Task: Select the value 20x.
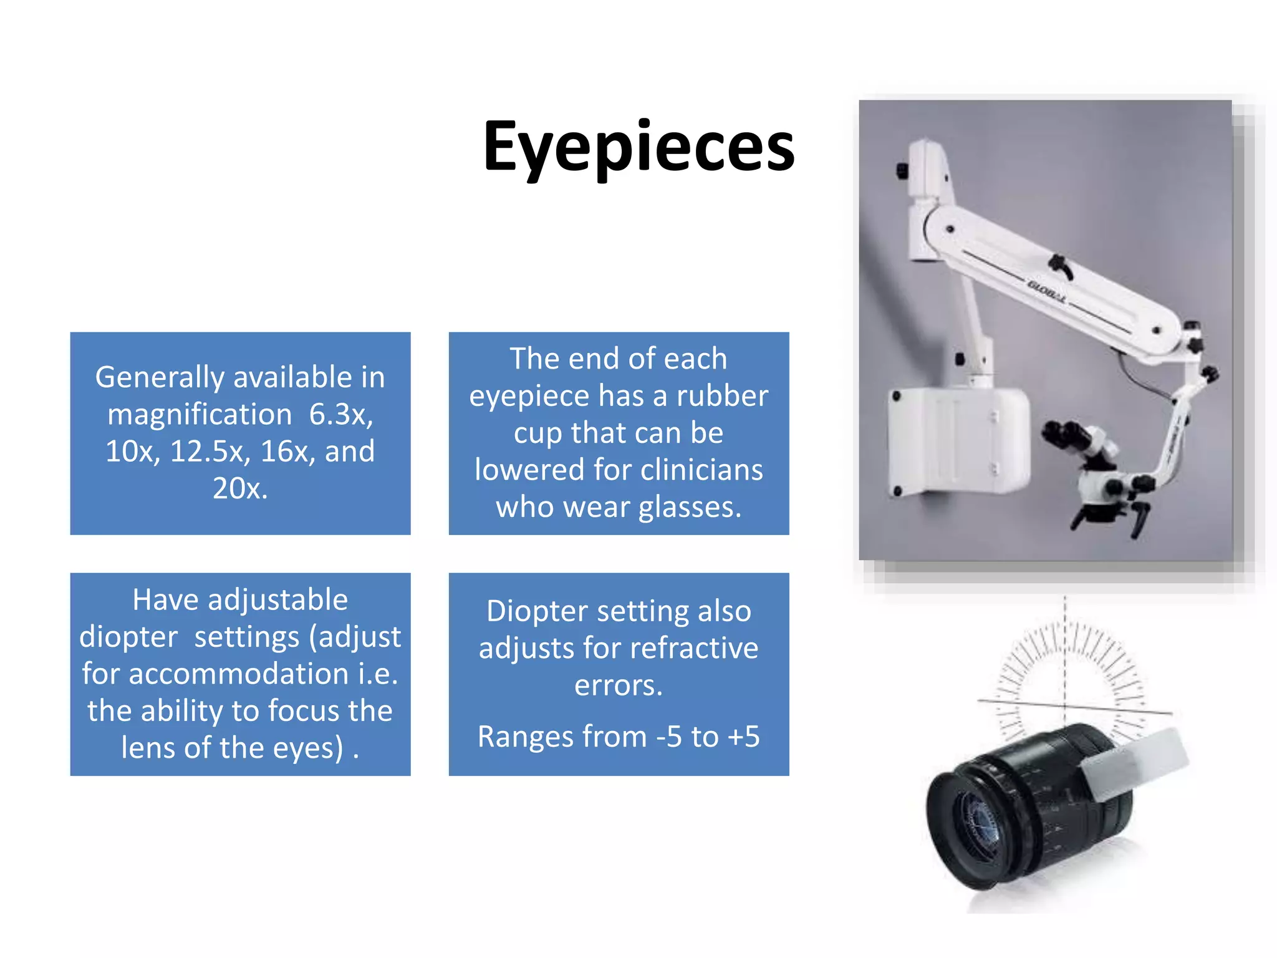[x=239, y=488]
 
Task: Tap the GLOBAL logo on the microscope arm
[x=1047, y=292]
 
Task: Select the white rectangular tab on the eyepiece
[x=1135, y=764]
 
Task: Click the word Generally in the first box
[x=160, y=377]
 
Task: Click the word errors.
[x=618, y=685]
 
